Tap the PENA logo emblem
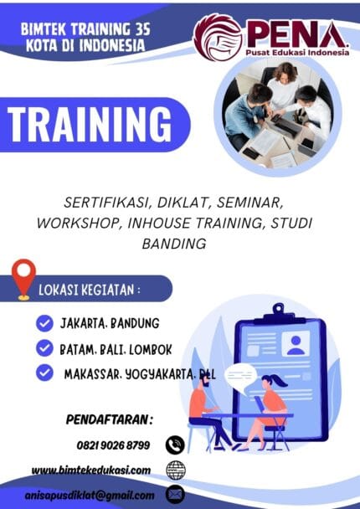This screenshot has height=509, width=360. (217, 36)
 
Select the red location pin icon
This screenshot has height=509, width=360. (24, 278)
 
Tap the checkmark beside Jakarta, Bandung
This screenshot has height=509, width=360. (44, 323)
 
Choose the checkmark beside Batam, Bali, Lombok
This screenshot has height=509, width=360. (44, 347)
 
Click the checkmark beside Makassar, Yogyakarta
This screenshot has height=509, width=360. (44, 373)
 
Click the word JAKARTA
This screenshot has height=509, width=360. (81, 323)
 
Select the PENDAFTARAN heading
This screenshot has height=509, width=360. (109, 419)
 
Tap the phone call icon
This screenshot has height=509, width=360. (175, 445)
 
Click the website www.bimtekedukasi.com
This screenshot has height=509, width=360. (91, 470)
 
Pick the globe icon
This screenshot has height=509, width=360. (175, 470)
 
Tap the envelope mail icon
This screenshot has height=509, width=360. (175, 495)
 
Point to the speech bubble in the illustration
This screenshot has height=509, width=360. (240, 375)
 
